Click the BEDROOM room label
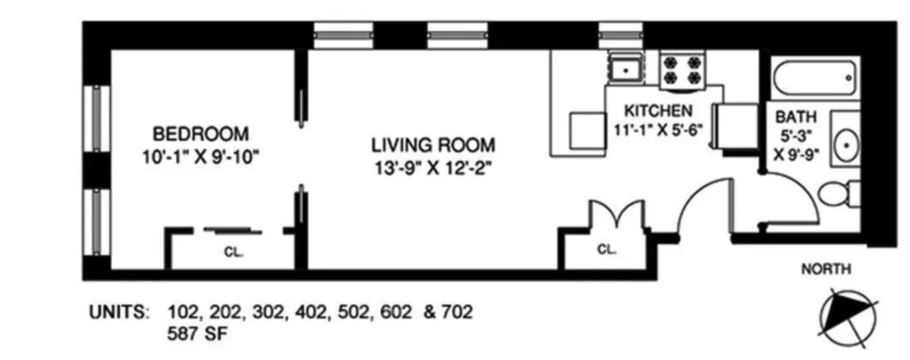[x=201, y=134]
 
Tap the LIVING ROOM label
[x=433, y=145]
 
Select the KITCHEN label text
[x=659, y=111]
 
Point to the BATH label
[x=796, y=117]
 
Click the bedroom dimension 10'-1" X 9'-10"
[x=201, y=157]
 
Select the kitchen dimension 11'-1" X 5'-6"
[x=658, y=130]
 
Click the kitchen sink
[x=626, y=70]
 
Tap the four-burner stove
[x=682, y=69]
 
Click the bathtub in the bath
[x=816, y=78]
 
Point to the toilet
[x=839, y=194]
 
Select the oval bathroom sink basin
[x=846, y=145]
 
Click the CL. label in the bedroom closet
[x=233, y=253]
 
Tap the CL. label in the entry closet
[x=607, y=249]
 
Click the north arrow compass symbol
[x=848, y=318]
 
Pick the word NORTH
[x=826, y=269]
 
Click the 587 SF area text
[x=197, y=334]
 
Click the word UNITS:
[x=120, y=312]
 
